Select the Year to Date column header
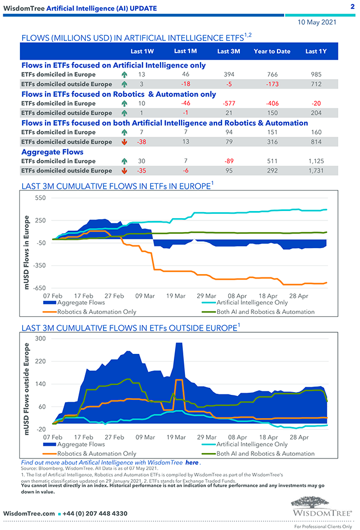click(272, 52)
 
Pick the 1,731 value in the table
click(315, 171)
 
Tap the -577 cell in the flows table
click(228, 103)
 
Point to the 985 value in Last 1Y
click(316, 74)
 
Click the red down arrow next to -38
click(124, 142)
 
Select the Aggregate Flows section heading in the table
click(53, 152)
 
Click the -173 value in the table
click(272, 84)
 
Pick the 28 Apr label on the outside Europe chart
click(299, 437)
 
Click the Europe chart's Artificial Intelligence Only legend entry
click(252, 303)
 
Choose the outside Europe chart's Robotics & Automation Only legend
click(97, 454)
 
